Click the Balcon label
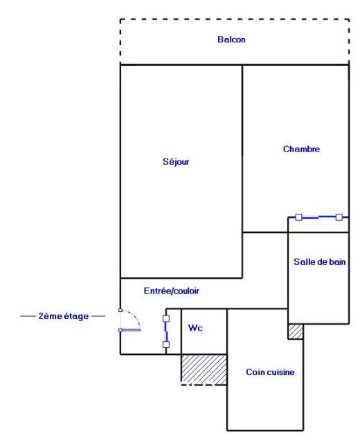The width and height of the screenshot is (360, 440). click(x=231, y=39)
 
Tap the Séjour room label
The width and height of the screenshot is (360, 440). click(x=181, y=163)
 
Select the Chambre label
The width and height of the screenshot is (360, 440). click(x=301, y=149)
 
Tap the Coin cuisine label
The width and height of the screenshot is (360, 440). click(x=270, y=372)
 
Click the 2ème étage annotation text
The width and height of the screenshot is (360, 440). click(x=63, y=316)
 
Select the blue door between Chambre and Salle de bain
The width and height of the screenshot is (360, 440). click(x=318, y=217)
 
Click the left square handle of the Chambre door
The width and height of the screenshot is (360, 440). click(x=298, y=217)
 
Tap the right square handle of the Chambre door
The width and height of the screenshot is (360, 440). click(x=339, y=217)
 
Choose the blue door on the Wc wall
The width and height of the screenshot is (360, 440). click(x=166, y=331)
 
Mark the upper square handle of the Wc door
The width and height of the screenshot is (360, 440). click(x=166, y=319)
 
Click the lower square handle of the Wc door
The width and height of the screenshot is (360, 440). click(x=166, y=344)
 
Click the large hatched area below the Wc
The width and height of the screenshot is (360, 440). click(x=204, y=369)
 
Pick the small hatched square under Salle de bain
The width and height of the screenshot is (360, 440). click(x=296, y=331)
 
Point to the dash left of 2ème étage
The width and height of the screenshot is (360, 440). click(x=27, y=316)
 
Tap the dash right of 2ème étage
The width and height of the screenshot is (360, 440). click(x=98, y=316)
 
